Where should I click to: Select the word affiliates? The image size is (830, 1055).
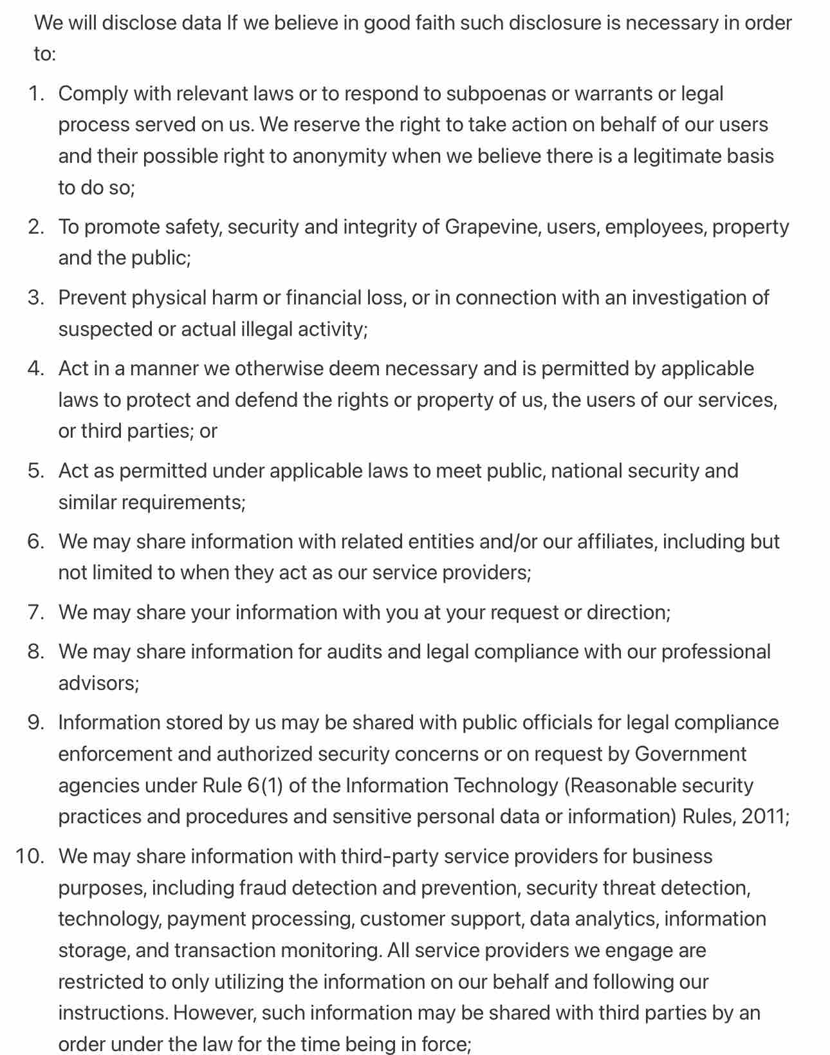point(616,542)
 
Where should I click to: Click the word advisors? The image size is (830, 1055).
point(98,683)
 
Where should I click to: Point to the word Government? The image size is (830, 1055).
point(690,754)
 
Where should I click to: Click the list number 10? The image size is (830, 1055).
point(30,857)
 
